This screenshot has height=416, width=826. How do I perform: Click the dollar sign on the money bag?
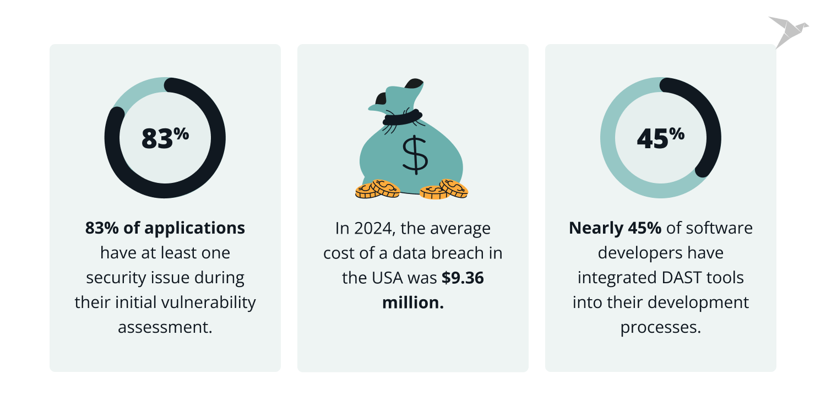pos(414,155)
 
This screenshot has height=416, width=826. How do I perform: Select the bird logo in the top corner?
pos(788,31)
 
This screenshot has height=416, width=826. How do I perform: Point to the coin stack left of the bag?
pos(378,189)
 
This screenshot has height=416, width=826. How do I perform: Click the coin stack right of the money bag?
pos(444,189)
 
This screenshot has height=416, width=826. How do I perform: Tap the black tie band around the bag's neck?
pos(403,117)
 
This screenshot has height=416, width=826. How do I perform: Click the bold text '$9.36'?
pos(463,278)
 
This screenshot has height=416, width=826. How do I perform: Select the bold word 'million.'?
pos(413,302)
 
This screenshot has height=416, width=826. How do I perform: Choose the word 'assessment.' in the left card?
pos(165,327)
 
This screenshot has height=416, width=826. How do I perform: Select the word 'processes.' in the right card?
pos(661,327)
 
